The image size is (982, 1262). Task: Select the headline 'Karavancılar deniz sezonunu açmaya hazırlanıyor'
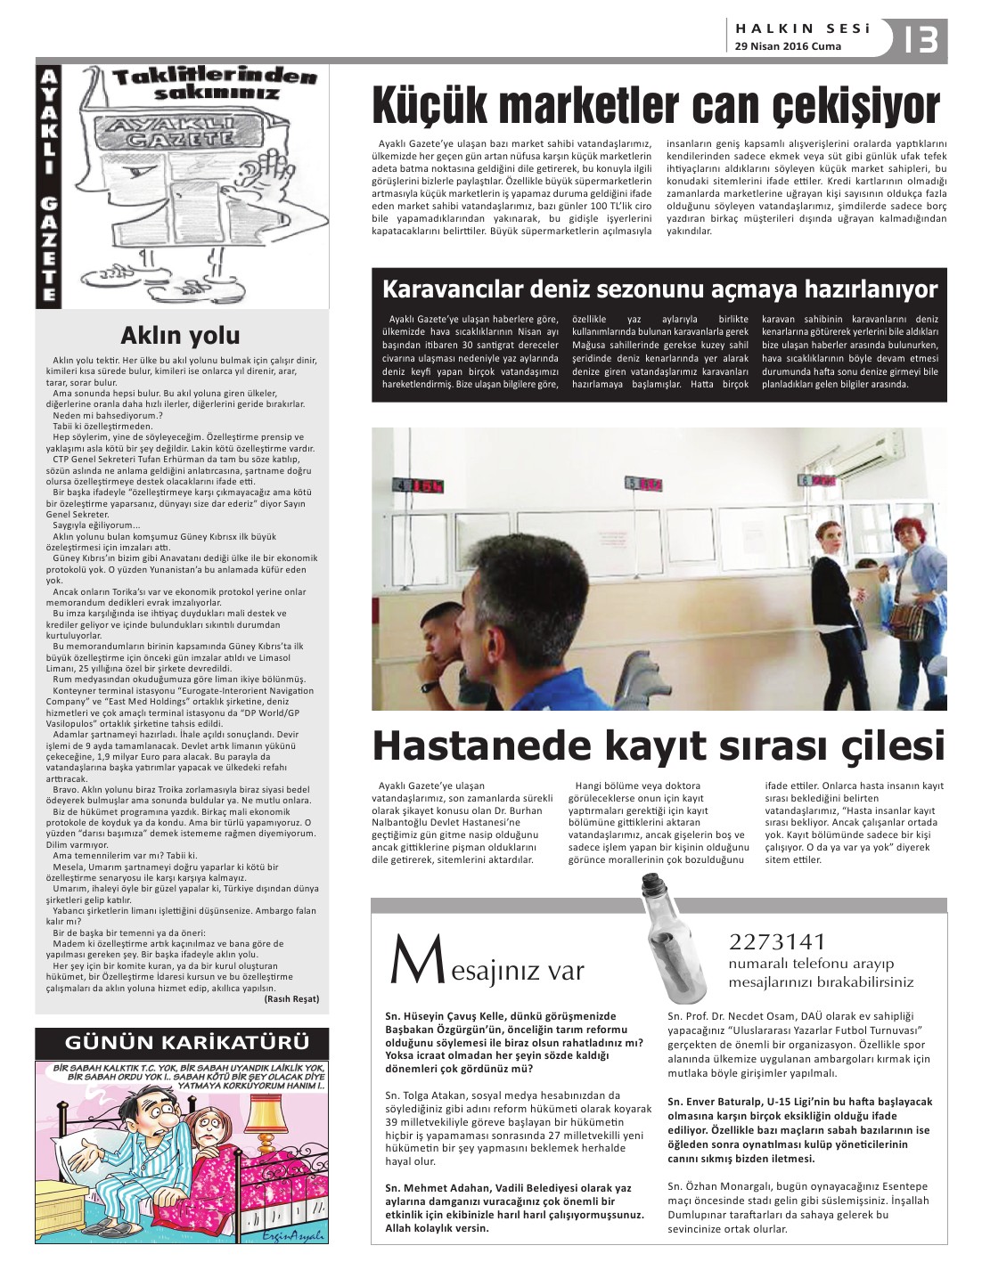[659, 289]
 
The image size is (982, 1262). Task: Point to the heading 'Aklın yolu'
[180, 335]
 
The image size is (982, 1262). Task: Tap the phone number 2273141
[777, 941]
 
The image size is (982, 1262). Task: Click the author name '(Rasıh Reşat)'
[291, 998]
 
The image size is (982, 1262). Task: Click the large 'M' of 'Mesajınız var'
[411, 964]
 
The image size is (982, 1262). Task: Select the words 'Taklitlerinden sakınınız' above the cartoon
[214, 85]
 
